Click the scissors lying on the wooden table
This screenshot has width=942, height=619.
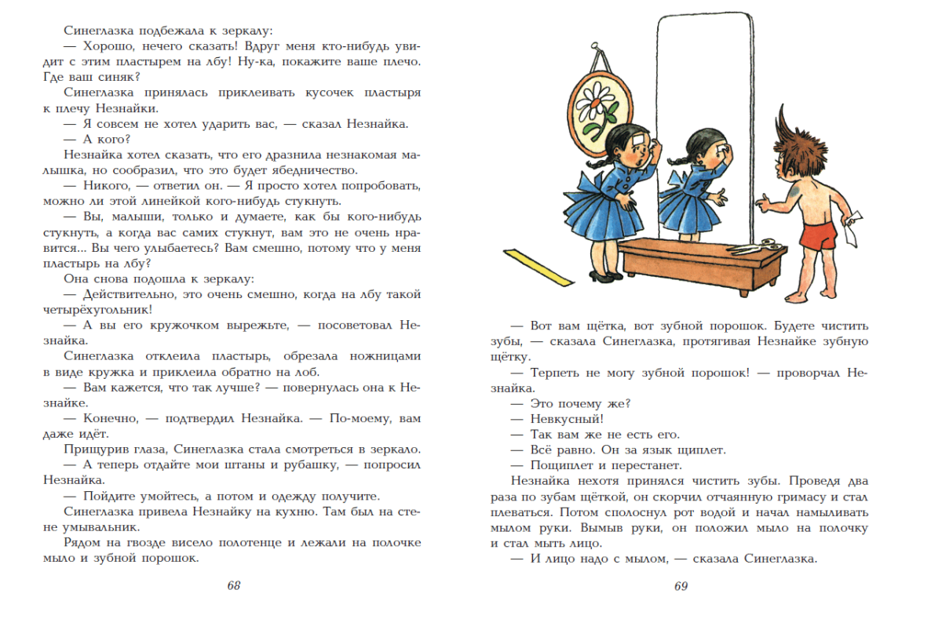[749, 249]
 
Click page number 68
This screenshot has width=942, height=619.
[233, 586]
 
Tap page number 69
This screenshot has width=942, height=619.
[681, 586]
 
